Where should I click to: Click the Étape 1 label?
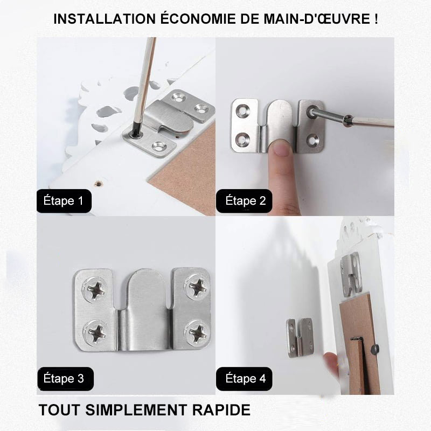64,201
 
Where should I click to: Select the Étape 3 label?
64,378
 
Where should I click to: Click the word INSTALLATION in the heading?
102,19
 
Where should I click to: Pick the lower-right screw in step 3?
197,332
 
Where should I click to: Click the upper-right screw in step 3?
197,287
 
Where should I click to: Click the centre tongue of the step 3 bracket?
144,307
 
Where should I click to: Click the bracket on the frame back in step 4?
350,273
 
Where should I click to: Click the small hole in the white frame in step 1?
98,183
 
